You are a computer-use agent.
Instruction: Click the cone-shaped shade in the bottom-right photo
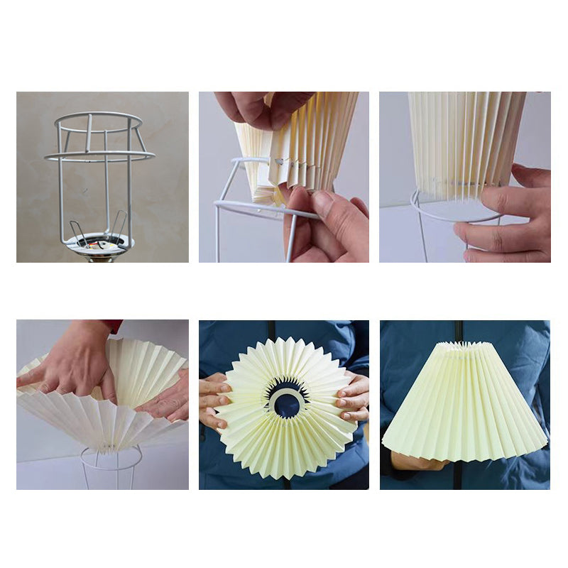point(465,405)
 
